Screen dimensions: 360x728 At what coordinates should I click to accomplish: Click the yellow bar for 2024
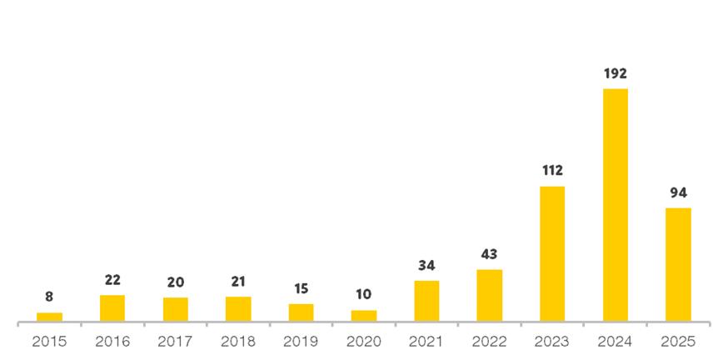[x=615, y=205]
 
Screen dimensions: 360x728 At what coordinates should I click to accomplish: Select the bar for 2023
[x=552, y=253]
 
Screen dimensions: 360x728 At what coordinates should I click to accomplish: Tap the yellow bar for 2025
[x=678, y=264]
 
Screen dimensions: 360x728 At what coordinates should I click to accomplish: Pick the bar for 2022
[x=489, y=295]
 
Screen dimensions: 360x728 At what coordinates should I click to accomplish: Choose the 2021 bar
[x=426, y=301]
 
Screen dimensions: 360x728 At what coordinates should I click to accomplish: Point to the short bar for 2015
[x=49, y=317]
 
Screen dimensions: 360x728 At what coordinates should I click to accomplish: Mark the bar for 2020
[x=363, y=316]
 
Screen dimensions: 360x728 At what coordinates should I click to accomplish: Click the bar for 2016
[x=112, y=308]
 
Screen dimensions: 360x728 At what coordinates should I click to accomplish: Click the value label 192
[x=615, y=73]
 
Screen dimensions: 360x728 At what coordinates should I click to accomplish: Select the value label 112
[x=552, y=171]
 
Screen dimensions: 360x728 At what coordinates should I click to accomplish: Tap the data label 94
[x=678, y=192]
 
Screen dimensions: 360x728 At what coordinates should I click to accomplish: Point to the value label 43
[x=489, y=254]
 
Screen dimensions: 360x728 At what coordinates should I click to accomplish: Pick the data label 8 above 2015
[x=49, y=297]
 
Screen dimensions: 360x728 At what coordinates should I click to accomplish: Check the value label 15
[x=301, y=288]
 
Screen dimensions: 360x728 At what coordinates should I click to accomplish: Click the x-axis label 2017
[x=175, y=342]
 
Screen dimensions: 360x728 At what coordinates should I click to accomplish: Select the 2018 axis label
[x=238, y=342]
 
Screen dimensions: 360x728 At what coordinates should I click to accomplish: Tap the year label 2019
[x=301, y=342]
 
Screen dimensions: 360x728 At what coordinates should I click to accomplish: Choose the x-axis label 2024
[x=615, y=342]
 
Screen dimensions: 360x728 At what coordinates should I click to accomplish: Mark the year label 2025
[x=678, y=342]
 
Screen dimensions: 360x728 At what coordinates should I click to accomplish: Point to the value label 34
[x=426, y=266]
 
